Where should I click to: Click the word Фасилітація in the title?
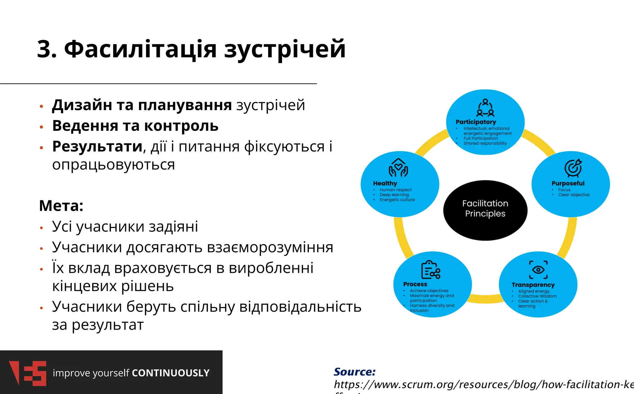tap(140, 49)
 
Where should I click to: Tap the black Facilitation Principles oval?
tap(485, 210)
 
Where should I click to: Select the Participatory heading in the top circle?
tap(475, 122)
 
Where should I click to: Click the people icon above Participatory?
tap(485, 108)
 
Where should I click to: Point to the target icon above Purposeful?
tap(573, 168)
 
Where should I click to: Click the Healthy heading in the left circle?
tap(385, 183)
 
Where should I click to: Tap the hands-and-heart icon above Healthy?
tap(398, 168)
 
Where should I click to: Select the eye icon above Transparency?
tap(538, 270)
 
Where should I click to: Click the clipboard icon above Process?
tap(430, 270)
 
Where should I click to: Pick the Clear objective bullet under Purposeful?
tap(574, 195)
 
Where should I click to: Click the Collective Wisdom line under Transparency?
tap(537, 296)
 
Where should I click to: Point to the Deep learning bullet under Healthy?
tap(394, 195)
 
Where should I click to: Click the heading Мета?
tap(61, 206)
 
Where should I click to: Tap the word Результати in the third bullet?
tap(97, 146)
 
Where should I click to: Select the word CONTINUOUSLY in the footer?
tap(171, 373)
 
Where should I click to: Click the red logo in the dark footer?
tap(28, 373)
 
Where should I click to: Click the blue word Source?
tap(354, 372)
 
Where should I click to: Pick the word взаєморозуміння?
tap(270, 247)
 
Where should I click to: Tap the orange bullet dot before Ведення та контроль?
tap(41, 127)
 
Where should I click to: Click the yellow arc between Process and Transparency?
tap(485, 299)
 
